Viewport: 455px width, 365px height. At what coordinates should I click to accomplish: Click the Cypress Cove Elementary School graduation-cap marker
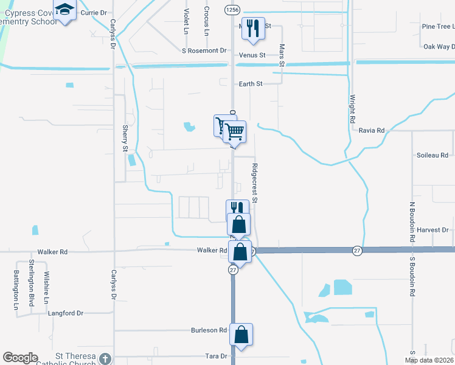coord(64,10)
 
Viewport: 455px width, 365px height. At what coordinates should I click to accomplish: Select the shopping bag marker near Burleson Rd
coord(241,334)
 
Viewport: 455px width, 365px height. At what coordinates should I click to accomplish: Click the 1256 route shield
coord(231,9)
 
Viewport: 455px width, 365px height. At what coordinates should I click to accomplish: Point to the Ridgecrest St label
coord(255,182)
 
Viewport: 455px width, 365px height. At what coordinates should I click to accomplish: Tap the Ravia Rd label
coord(372,130)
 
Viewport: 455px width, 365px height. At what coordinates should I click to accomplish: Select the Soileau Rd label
coord(432,155)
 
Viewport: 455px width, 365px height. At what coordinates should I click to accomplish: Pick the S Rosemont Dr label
coord(204,50)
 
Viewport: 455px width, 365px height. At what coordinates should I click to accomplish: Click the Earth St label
coord(250,84)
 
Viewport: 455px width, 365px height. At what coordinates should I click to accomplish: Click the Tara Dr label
coord(215,356)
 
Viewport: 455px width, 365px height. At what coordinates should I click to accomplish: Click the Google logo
coord(20,358)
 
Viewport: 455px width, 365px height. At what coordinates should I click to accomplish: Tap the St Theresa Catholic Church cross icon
coord(105,358)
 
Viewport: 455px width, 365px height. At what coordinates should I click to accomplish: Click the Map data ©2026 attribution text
coord(429,360)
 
